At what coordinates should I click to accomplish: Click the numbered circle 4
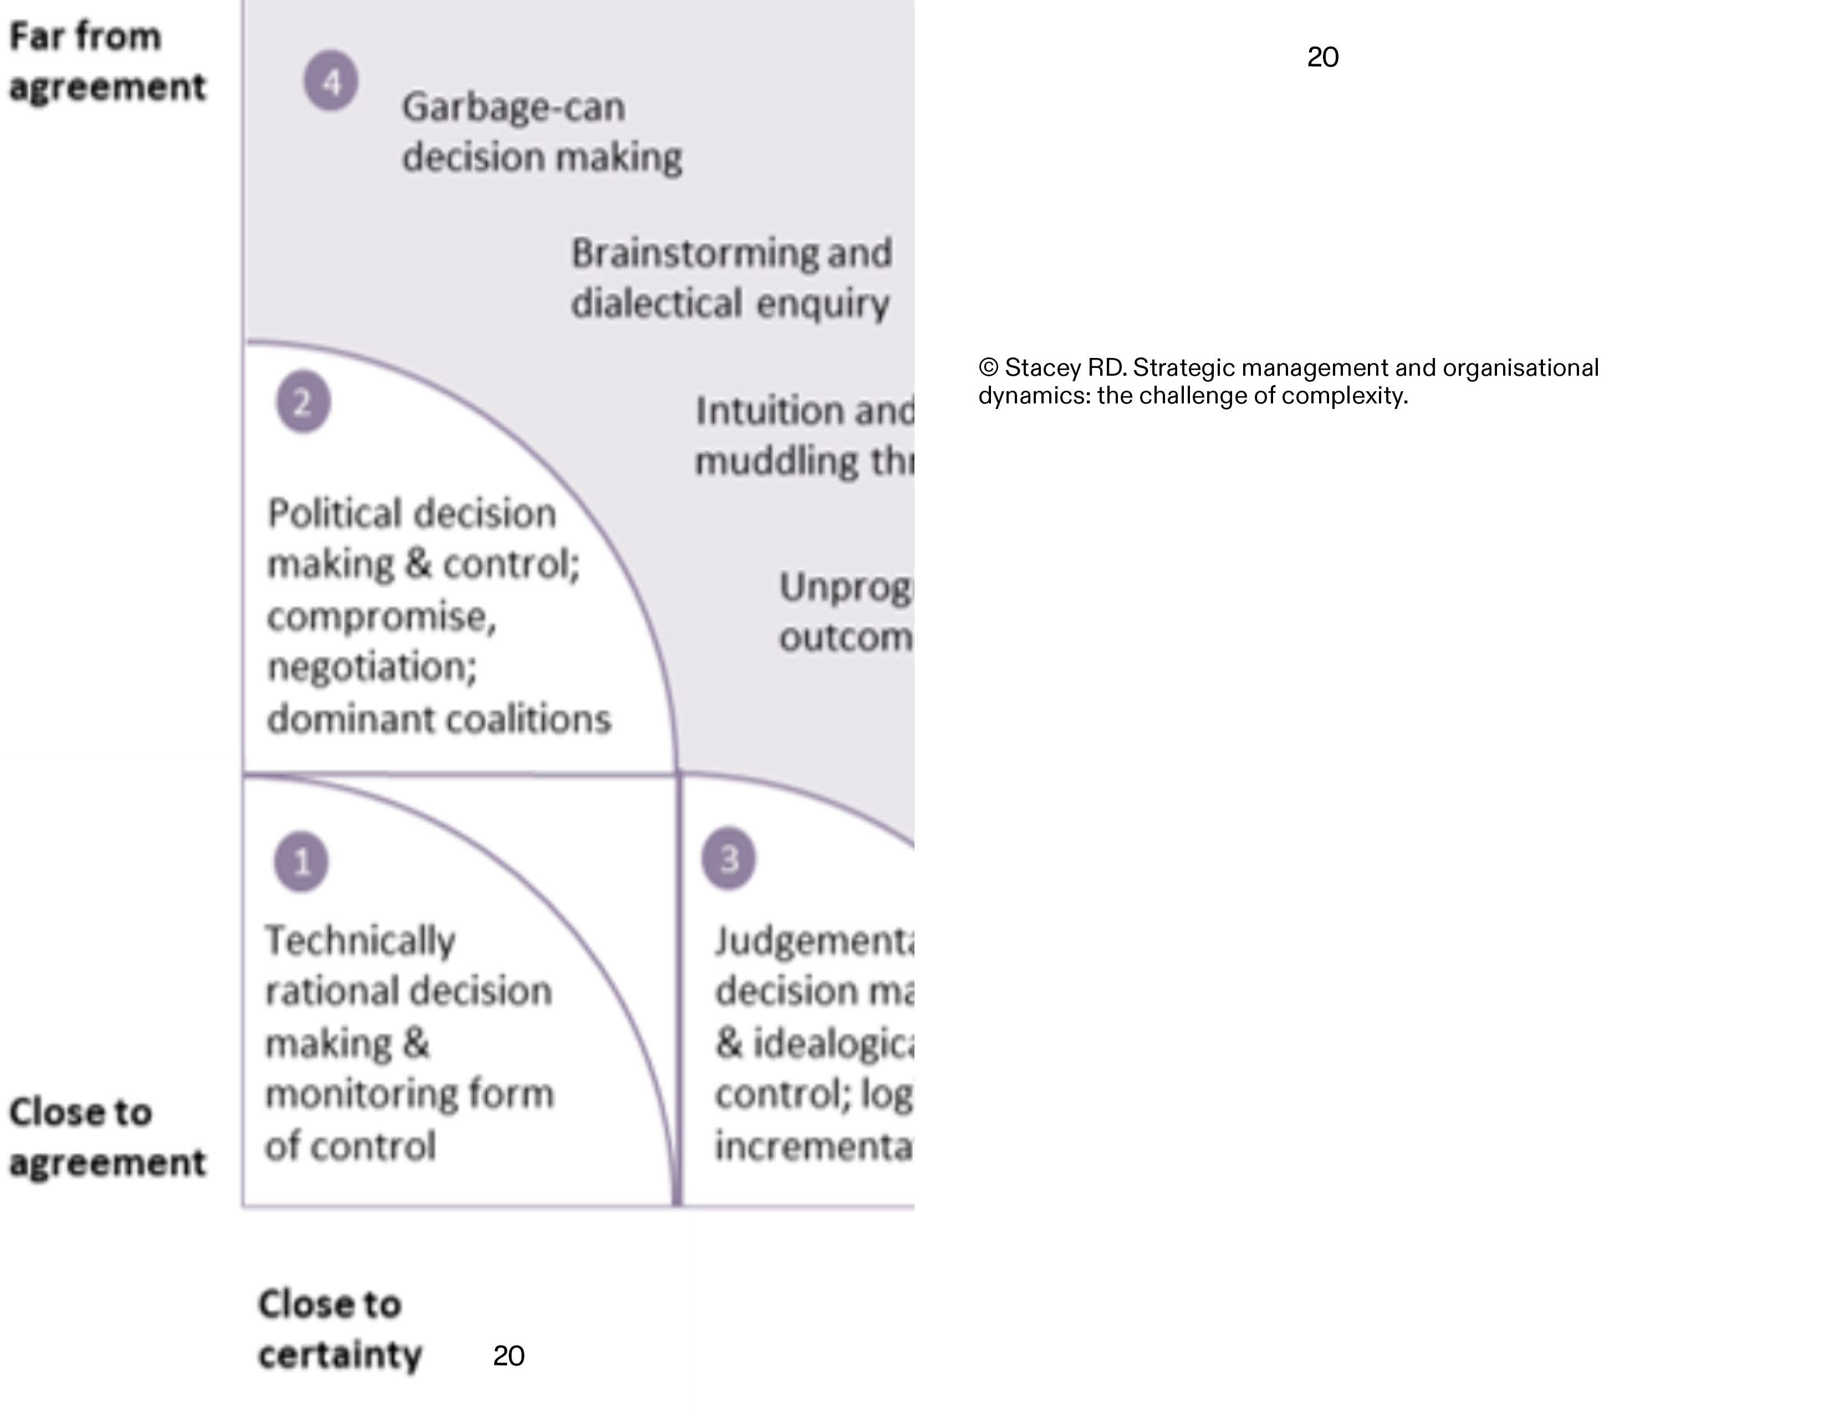click(x=331, y=81)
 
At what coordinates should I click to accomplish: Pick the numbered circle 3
click(x=729, y=858)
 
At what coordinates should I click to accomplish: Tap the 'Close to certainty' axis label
click(x=339, y=1329)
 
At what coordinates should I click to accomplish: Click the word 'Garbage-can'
click(x=513, y=107)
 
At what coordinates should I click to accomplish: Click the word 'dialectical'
click(x=657, y=303)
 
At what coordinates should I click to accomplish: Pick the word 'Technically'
click(x=360, y=941)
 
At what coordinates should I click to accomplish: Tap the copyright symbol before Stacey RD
click(x=988, y=367)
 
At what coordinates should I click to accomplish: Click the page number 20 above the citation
click(x=1322, y=57)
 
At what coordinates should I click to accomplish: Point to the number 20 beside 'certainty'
click(x=508, y=1355)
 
